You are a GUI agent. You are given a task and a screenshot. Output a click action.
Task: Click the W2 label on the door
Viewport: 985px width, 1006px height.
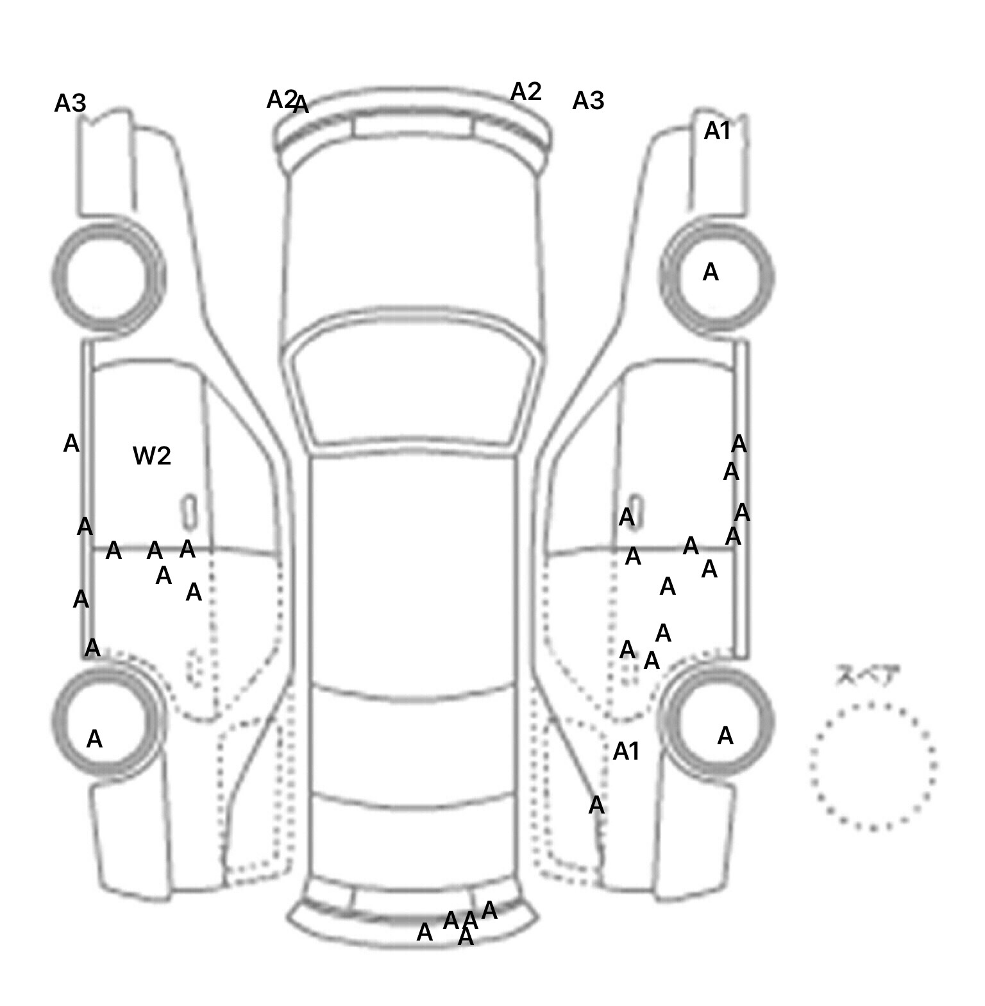[x=152, y=456]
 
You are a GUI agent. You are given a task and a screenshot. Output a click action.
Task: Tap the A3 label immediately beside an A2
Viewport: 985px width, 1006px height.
[x=588, y=101]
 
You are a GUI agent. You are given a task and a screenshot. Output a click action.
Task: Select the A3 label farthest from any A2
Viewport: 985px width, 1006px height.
[x=70, y=103]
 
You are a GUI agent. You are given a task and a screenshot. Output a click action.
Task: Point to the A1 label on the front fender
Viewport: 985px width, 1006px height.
[x=717, y=132]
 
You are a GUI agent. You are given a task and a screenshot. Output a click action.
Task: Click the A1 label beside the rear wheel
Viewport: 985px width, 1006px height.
[x=626, y=751]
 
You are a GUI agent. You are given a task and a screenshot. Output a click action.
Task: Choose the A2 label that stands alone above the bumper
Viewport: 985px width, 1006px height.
[x=526, y=92]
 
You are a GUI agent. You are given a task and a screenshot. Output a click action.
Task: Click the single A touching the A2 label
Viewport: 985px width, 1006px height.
[x=301, y=105]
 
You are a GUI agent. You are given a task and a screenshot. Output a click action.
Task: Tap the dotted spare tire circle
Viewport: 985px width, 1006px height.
[x=873, y=766]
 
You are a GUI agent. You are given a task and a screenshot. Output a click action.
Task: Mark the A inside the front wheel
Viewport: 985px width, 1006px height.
[x=711, y=273]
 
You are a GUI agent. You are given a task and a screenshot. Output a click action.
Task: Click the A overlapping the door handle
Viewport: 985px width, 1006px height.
[x=627, y=517]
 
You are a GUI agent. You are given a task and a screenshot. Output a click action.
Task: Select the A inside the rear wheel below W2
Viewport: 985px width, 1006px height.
[x=94, y=740]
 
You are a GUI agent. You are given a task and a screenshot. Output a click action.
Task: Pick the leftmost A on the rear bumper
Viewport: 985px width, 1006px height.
[x=425, y=933]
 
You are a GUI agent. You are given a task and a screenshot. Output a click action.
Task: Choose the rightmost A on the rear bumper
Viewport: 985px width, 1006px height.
[x=489, y=910]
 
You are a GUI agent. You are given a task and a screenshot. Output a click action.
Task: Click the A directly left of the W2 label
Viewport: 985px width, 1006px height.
[x=71, y=443]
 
